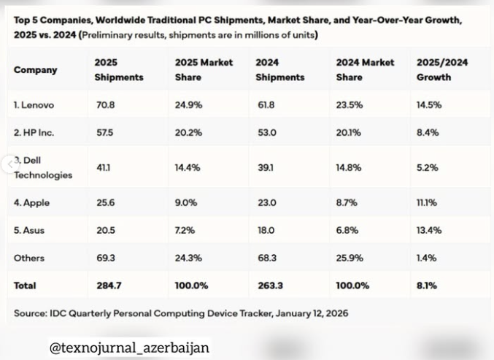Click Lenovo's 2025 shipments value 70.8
(x=105, y=105)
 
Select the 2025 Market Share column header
(x=204, y=69)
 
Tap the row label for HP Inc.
(x=34, y=133)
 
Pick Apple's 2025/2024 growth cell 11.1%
(x=427, y=203)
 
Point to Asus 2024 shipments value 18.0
(x=267, y=230)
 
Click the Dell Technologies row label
(x=43, y=167)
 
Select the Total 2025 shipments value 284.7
(x=108, y=286)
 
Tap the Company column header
(x=35, y=70)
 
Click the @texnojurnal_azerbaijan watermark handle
(x=129, y=348)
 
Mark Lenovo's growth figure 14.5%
(x=429, y=105)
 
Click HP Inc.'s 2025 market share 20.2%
(x=188, y=133)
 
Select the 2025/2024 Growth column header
(x=442, y=69)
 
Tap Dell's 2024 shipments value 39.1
(x=266, y=167)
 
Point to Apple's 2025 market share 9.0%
(x=186, y=203)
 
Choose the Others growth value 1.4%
(x=427, y=258)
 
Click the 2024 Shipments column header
(x=279, y=69)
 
